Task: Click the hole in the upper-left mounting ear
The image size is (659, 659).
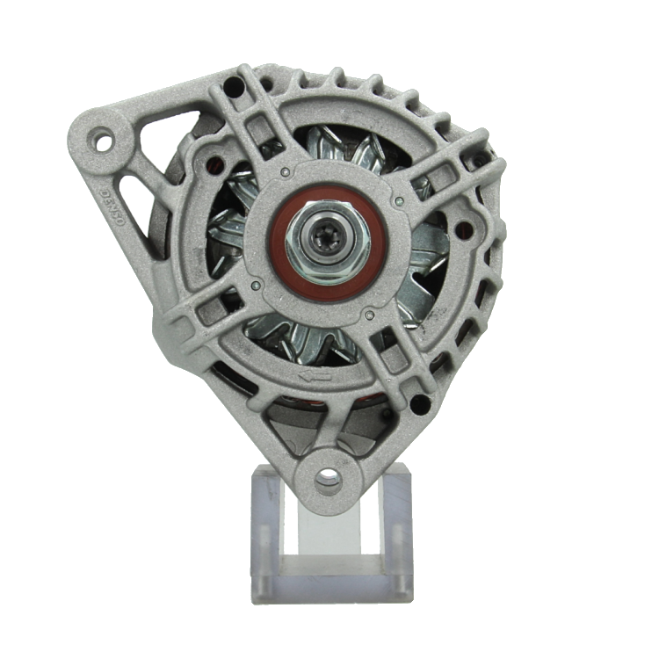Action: [104, 139]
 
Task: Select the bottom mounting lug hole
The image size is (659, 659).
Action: [327, 480]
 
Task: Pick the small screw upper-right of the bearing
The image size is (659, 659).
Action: [400, 200]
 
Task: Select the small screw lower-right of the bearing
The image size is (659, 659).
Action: [370, 314]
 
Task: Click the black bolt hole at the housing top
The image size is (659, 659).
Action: [233, 87]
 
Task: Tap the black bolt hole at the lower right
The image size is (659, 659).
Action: [420, 405]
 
